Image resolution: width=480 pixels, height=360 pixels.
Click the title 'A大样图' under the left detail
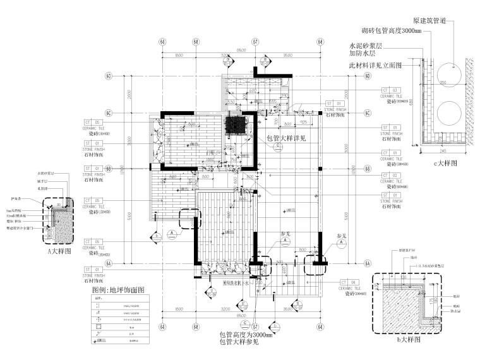coord(58,250)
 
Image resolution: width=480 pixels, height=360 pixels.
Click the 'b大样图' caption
coord(405,339)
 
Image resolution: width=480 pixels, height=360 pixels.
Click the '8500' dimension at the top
coord(241,50)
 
